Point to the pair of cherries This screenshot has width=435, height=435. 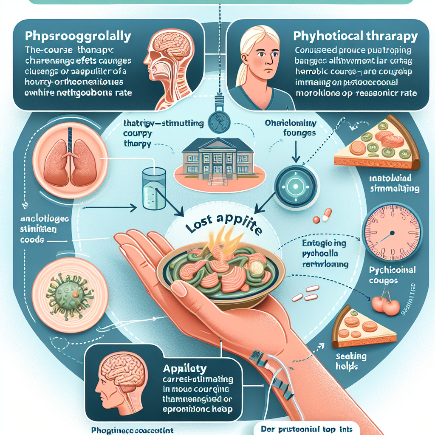(385, 304)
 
